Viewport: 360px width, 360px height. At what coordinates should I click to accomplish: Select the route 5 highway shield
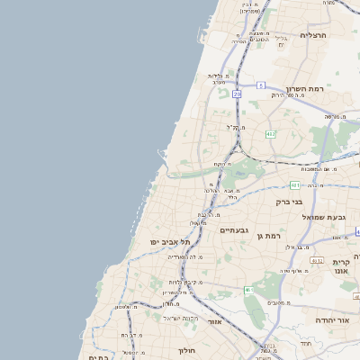[x=260, y=85]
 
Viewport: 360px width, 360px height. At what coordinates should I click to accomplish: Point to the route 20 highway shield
[x=237, y=93]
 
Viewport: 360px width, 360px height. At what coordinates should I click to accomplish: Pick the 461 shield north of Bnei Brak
[x=294, y=185]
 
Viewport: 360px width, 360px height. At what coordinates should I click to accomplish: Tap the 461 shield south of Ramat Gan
[x=248, y=290]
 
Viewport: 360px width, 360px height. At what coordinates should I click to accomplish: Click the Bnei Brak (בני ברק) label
[x=289, y=202]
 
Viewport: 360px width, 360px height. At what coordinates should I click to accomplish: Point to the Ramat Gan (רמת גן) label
[x=270, y=236]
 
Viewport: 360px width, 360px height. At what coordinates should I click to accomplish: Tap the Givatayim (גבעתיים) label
[x=234, y=230]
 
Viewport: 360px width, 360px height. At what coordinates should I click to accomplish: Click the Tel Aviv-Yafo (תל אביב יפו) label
[x=172, y=242]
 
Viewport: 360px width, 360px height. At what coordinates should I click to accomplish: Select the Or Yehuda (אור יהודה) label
[x=331, y=319]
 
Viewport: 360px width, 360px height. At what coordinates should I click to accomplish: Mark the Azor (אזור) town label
[x=214, y=321]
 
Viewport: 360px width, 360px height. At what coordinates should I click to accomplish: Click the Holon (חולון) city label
[x=186, y=350]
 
